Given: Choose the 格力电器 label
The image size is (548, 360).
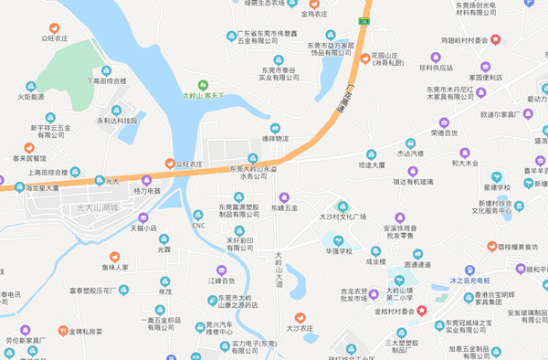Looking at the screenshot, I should pyautogui.click(x=146, y=191).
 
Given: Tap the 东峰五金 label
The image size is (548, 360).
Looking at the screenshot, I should pyautogui.click(x=284, y=208).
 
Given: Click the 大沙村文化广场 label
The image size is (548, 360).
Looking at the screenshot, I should pyautogui.click(x=342, y=217).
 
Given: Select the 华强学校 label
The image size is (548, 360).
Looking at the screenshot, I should pyautogui.click(x=339, y=249).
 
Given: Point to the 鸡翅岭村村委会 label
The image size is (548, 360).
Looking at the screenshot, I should pyautogui.click(x=469, y=39).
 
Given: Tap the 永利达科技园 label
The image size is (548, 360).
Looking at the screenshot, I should pyautogui.click(x=117, y=120).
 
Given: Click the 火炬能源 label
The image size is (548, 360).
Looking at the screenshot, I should pyautogui.click(x=30, y=95).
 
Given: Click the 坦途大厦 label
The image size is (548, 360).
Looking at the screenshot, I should pyautogui.click(x=370, y=166).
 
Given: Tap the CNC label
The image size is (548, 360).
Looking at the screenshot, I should pyautogui.click(x=198, y=225).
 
